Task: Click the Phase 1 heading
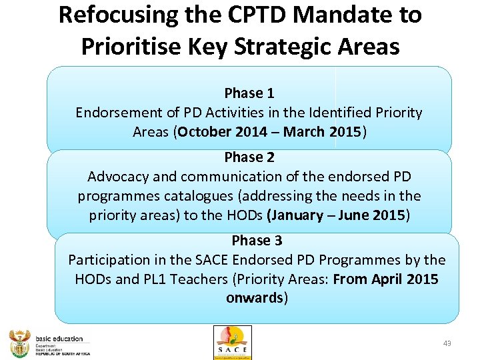click(x=249, y=93)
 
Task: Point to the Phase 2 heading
click(x=249, y=157)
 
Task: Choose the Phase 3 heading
click(x=257, y=240)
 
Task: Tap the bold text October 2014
click(x=221, y=132)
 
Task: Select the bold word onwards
click(x=255, y=298)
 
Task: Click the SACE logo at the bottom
click(x=232, y=342)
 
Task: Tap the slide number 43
click(x=447, y=343)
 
